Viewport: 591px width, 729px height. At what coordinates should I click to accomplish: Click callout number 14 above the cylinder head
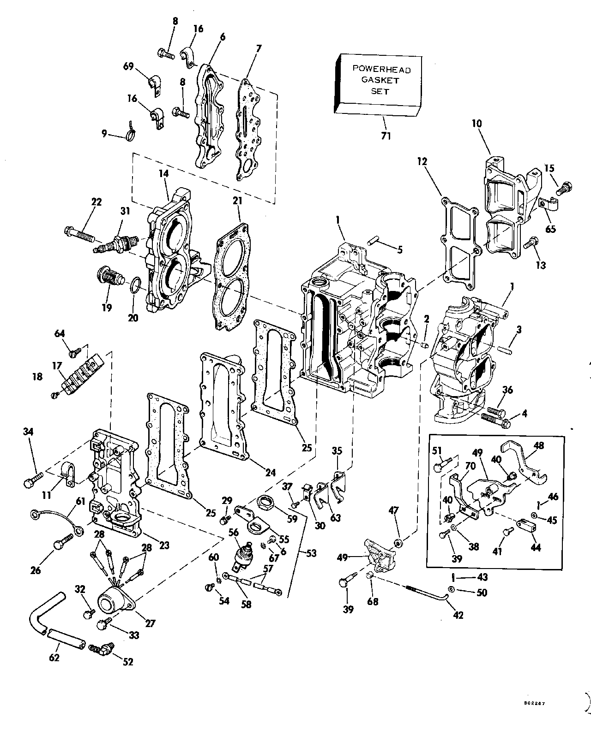[x=163, y=174]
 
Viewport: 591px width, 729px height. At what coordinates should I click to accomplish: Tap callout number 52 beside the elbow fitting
[x=128, y=661]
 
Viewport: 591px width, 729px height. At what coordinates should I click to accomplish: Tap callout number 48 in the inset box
[x=538, y=445]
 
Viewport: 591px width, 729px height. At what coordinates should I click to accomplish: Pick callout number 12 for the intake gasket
[x=422, y=161]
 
